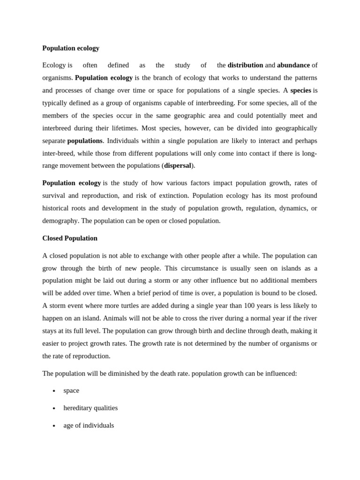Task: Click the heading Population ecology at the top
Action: coord(71,48)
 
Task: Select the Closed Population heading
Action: coord(70,238)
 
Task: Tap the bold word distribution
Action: coord(245,65)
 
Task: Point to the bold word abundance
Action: coord(293,65)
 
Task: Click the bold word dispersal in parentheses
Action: coord(178,165)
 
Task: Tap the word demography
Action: coord(60,221)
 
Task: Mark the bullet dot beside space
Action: coord(54,391)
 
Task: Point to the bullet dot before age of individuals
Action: coord(54,426)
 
